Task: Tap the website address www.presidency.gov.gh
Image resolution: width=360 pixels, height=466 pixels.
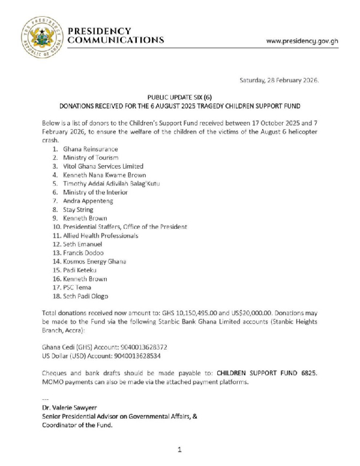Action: [302, 41]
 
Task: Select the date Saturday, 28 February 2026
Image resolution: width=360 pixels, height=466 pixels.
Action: [279, 80]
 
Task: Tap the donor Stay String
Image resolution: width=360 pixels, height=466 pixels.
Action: [80, 210]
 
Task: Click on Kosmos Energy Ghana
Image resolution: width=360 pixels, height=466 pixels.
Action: [94, 262]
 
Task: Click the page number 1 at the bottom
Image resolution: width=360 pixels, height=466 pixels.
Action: [179, 449]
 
